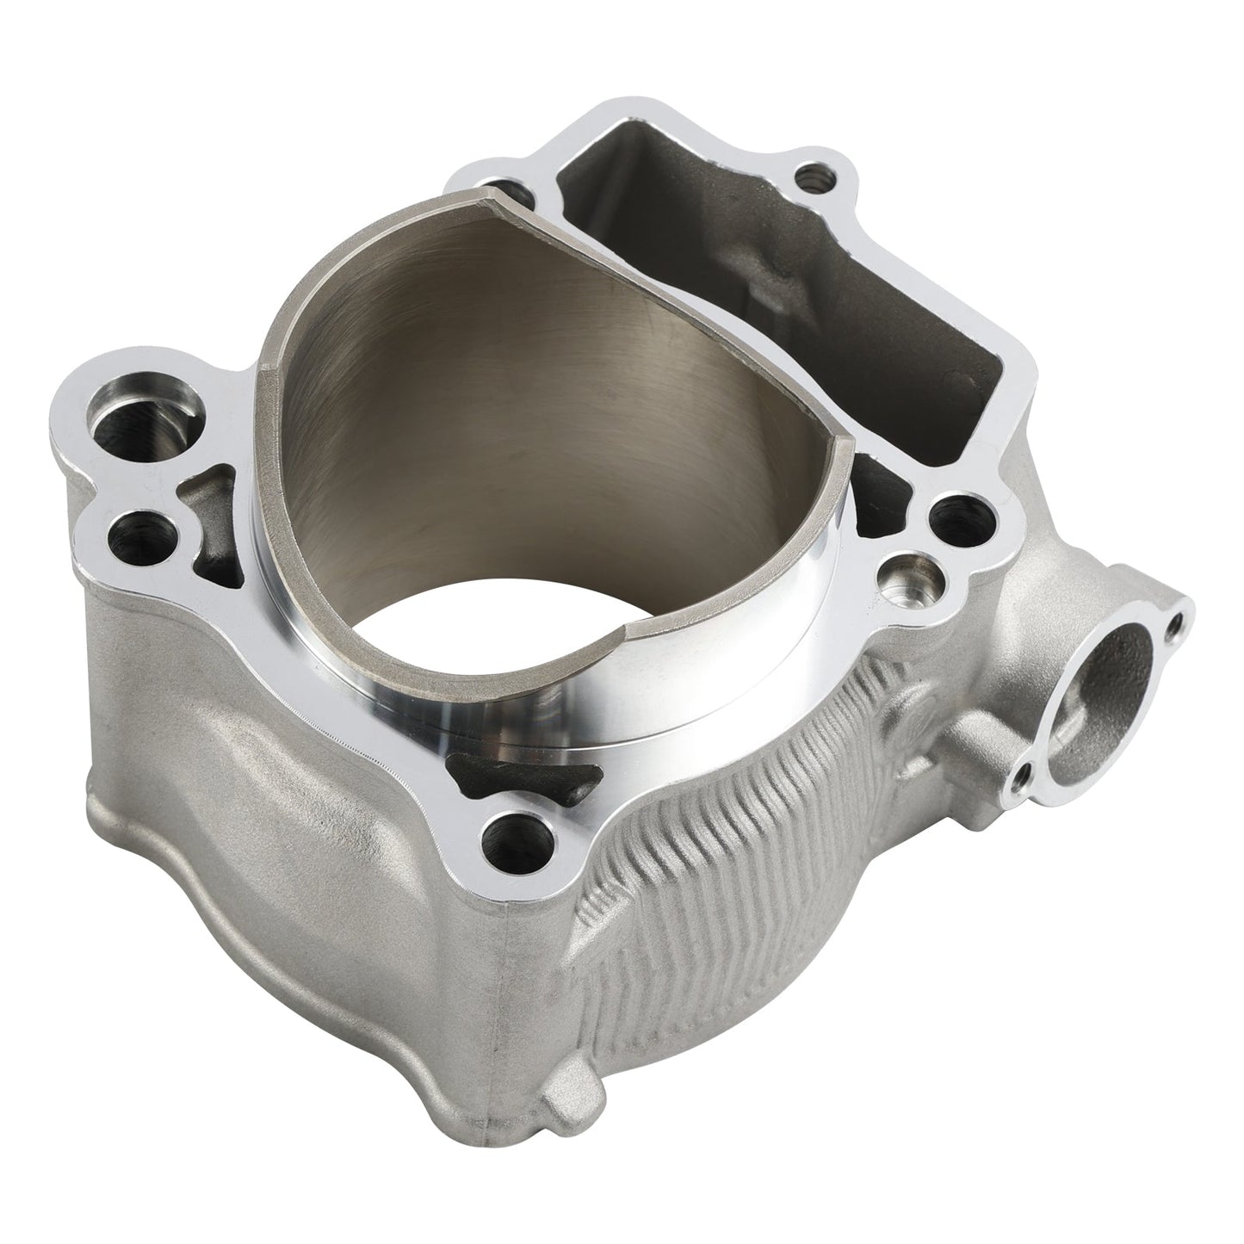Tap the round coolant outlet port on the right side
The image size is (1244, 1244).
pos(1111,680)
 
